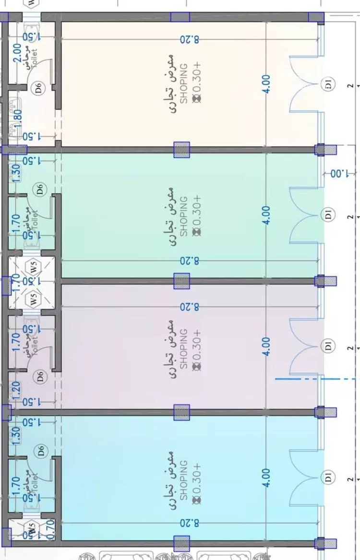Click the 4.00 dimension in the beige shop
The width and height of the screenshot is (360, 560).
[x=267, y=83]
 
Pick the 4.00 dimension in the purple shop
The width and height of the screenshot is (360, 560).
[x=267, y=346]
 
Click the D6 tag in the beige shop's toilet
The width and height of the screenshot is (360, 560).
[x=38, y=88]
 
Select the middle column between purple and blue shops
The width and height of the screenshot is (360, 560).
[x=181, y=412]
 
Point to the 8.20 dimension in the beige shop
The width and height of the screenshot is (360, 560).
[x=189, y=39]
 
